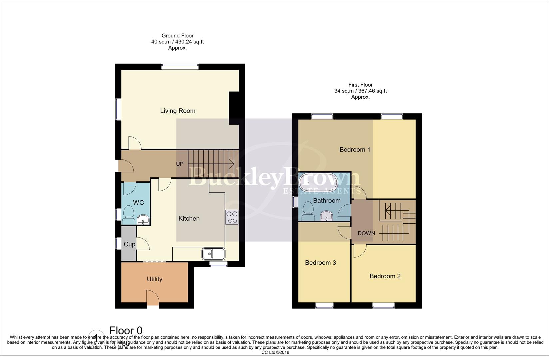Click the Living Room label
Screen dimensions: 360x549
[178, 111]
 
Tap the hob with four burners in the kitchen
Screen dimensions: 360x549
[232, 217]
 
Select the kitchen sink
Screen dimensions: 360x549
[213, 254]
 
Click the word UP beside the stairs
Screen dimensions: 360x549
[180, 164]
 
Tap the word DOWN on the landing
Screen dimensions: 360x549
[366, 233]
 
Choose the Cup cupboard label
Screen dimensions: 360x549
[129, 244]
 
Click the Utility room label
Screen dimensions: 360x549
[154, 279]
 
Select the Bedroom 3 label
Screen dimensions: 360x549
[320, 263]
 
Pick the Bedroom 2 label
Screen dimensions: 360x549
[385, 276]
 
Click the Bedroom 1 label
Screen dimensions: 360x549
[355, 150]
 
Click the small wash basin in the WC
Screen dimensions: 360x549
[143, 220]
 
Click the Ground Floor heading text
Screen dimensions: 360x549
[177, 36]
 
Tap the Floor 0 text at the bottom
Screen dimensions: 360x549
[126, 331]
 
